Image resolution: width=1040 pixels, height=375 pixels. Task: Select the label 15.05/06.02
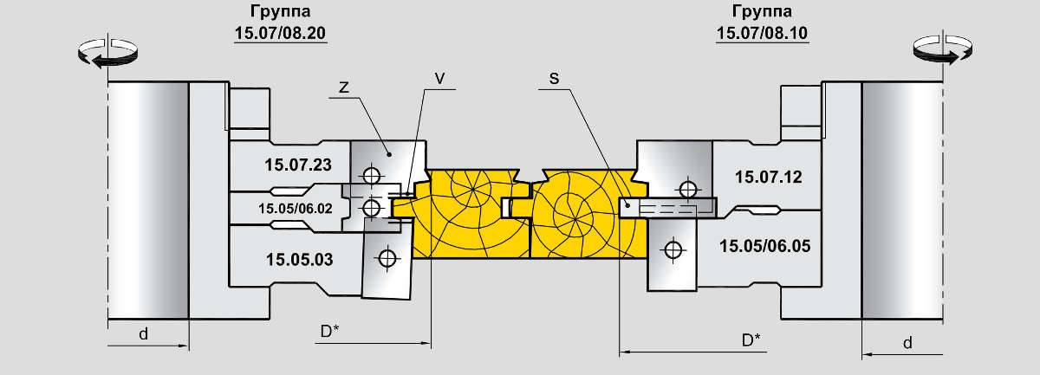(295, 208)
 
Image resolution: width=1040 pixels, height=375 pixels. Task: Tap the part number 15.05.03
(299, 258)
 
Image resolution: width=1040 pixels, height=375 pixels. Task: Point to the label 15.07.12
(768, 177)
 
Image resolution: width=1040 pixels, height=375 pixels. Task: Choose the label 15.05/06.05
(764, 246)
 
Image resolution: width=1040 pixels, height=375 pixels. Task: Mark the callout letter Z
(343, 87)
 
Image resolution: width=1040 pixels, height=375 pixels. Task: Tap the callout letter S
(554, 78)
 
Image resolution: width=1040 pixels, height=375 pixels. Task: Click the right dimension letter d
(907, 342)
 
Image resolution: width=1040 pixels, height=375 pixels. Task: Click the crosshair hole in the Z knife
(372, 175)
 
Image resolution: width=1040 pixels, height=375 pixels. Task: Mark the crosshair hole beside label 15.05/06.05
(672, 249)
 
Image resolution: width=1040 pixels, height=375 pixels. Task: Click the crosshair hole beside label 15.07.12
(689, 189)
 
